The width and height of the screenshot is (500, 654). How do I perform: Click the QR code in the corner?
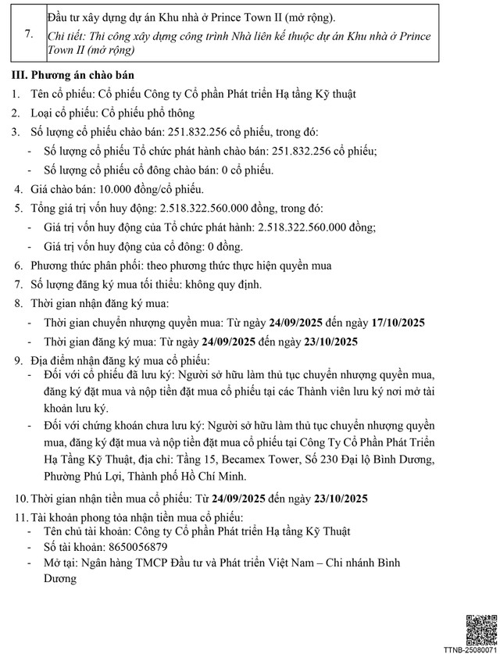tap(480, 630)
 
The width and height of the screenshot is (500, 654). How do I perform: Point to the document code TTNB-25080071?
tap(471, 649)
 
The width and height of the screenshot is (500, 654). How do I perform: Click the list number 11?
tap(18, 516)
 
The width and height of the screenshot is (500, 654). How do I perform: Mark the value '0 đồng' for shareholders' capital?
tap(223, 246)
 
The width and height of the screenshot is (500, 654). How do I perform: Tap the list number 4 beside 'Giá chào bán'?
tap(19, 189)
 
